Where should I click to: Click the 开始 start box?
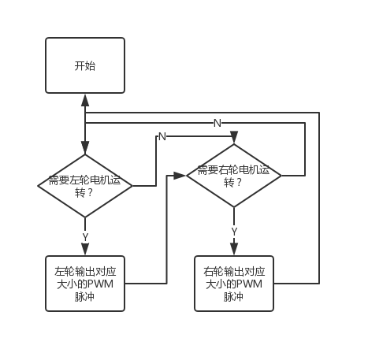(x=85, y=65)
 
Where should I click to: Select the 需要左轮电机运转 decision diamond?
(x=85, y=186)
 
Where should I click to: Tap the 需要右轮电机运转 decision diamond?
(x=234, y=176)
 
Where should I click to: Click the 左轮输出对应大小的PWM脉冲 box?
(x=85, y=284)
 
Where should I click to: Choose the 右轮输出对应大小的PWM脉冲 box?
(x=234, y=284)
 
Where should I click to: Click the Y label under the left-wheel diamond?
(x=85, y=237)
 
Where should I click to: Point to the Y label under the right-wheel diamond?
(x=234, y=232)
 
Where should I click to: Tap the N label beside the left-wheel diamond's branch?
(x=162, y=136)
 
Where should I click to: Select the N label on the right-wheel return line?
(x=217, y=123)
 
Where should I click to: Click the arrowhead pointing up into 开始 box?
(x=85, y=100)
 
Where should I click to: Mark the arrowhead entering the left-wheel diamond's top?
(x=85, y=148)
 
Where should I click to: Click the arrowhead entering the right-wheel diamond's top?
(x=234, y=137)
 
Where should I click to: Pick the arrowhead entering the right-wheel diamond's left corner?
(x=180, y=176)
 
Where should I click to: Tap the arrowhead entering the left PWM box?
(x=85, y=249)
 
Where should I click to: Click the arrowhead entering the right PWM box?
(x=234, y=249)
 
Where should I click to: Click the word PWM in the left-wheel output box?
(x=100, y=284)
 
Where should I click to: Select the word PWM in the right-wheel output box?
(x=249, y=284)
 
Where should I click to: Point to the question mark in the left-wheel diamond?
(x=90, y=193)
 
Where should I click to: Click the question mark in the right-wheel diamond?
(x=239, y=182)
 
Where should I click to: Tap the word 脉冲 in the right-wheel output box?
(x=233, y=297)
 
